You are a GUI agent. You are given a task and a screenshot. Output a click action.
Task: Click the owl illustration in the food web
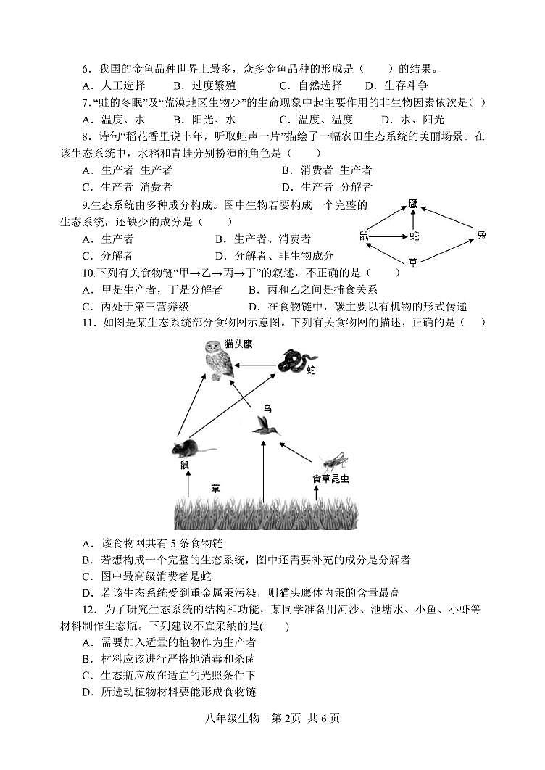point(218,360)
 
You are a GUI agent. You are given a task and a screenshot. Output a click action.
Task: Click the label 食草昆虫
point(330,479)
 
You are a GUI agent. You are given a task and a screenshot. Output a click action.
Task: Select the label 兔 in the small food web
point(482,234)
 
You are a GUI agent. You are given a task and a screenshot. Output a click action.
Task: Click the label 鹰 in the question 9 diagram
point(413,204)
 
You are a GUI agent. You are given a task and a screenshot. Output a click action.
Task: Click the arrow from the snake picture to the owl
point(255,364)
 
